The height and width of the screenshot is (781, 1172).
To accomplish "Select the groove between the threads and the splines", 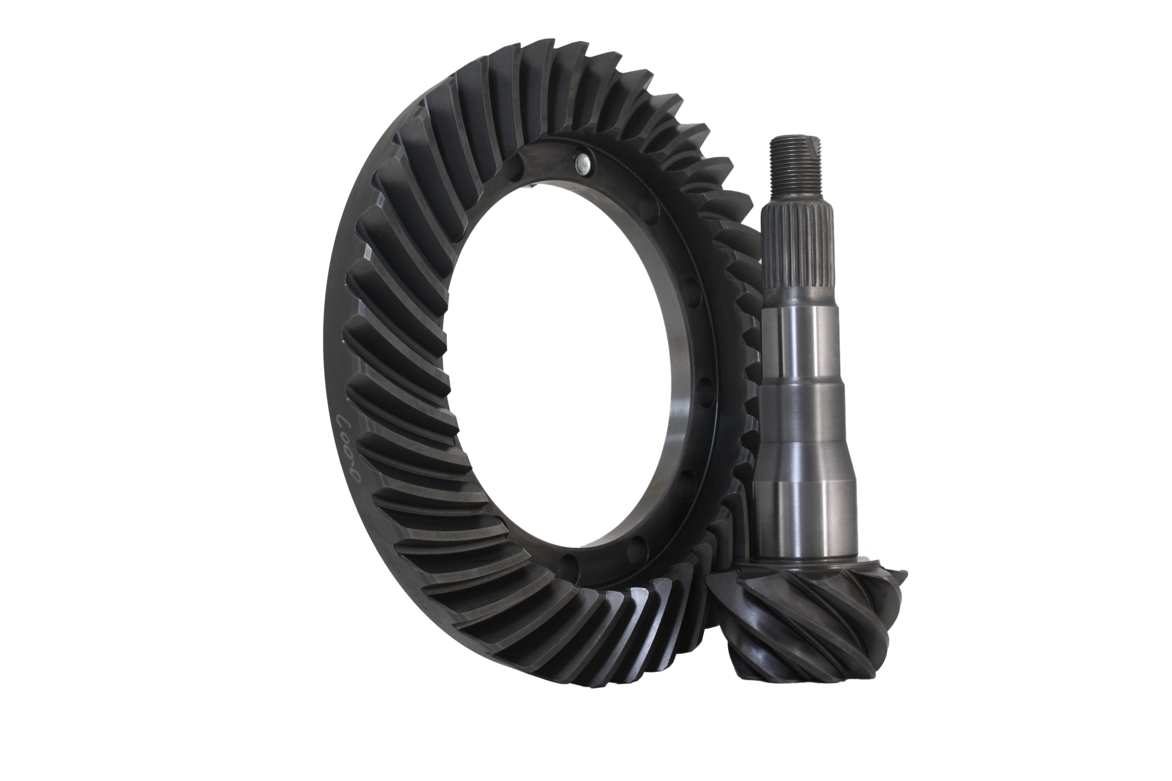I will click(x=790, y=198).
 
